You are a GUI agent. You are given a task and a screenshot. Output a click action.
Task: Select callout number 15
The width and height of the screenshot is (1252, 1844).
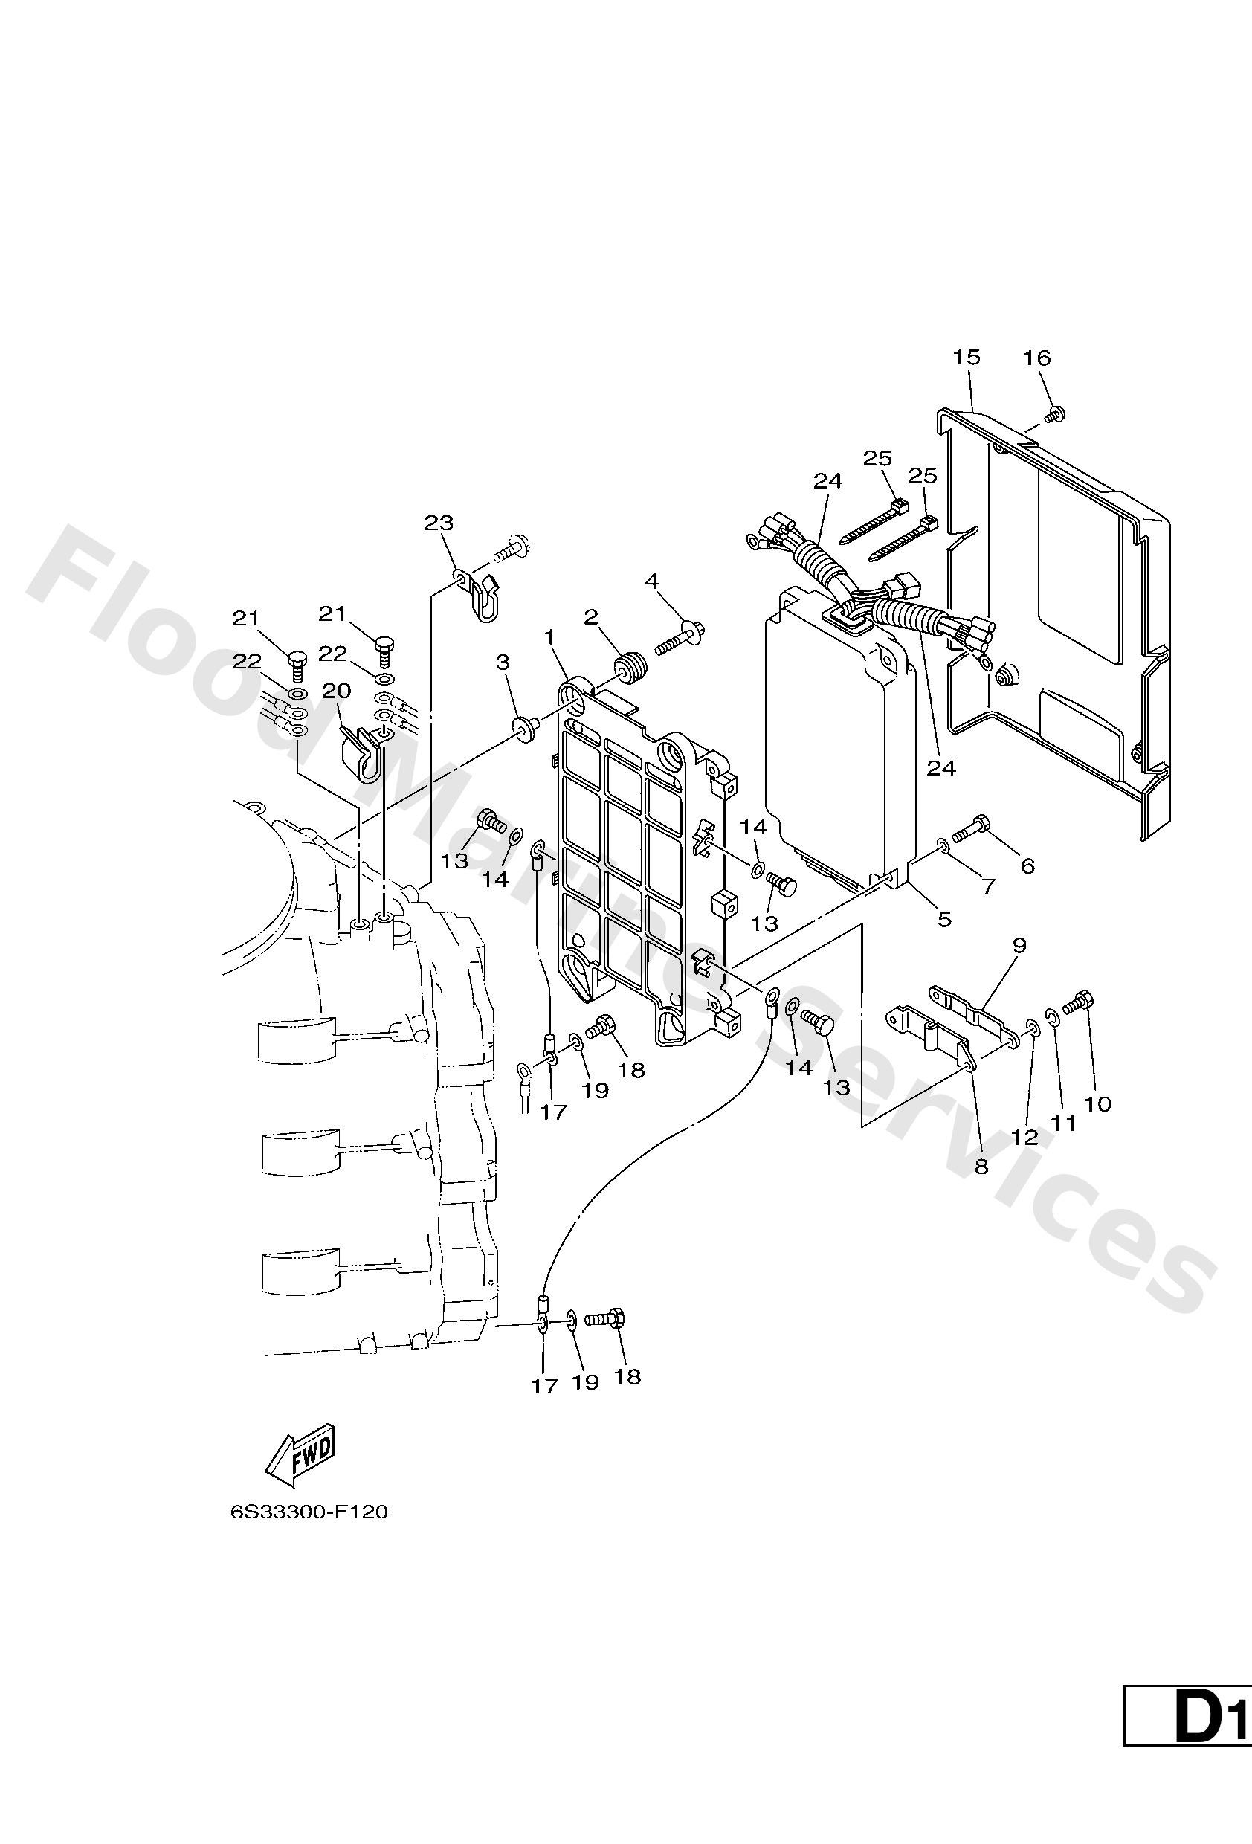[967, 357]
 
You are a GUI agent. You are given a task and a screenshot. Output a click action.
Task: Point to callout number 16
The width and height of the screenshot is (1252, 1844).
[1037, 358]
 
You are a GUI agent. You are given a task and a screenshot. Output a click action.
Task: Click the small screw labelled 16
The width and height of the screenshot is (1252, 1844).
[1055, 413]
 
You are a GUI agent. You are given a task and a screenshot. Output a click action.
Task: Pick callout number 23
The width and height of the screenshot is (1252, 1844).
[438, 523]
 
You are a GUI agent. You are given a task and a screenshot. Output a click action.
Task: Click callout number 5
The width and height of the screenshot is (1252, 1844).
[944, 919]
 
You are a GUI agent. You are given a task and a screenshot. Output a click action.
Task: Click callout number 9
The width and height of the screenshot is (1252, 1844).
[1019, 945]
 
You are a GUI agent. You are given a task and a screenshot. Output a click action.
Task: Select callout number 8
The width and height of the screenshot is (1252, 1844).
[981, 1167]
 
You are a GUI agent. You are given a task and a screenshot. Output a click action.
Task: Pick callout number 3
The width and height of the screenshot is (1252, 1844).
[503, 663]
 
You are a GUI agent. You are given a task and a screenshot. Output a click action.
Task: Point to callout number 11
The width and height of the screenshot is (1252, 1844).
[1063, 1123]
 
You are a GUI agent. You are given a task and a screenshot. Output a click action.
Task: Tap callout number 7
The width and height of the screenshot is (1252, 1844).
[988, 886]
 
